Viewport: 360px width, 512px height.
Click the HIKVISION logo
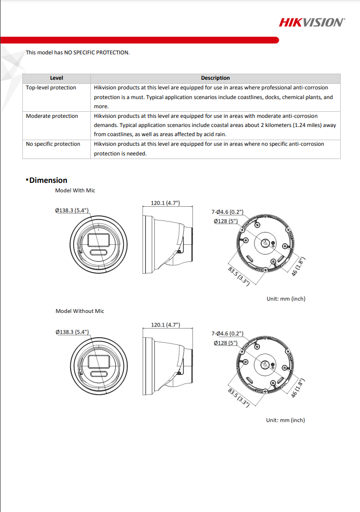pyautogui.click(x=312, y=22)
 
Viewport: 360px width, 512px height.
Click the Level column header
pyautogui.click(x=56, y=78)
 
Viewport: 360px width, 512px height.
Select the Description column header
pyautogui.click(x=215, y=78)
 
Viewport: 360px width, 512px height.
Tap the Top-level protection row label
pyautogui.click(x=51, y=88)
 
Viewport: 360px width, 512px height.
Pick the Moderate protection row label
pyautogui.click(x=52, y=116)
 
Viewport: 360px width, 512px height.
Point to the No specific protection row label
pyautogui.click(x=53, y=144)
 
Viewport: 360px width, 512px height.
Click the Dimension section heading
pyautogui.click(x=48, y=180)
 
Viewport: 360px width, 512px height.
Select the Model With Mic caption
pyautogui.click(x=75, y=190)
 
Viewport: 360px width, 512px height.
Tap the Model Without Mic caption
pyautogui.click(x=80, y=311)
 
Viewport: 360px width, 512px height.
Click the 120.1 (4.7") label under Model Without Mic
pyautogui.click(x=166, y=325)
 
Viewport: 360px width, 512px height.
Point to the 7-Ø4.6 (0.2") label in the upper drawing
pyautogui.click(x=227, y=212)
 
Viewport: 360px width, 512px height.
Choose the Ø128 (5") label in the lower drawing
pyautogui.click(x=226, y=343)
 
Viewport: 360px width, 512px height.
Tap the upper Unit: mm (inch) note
pyautogui.click(x=286, y=299)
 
